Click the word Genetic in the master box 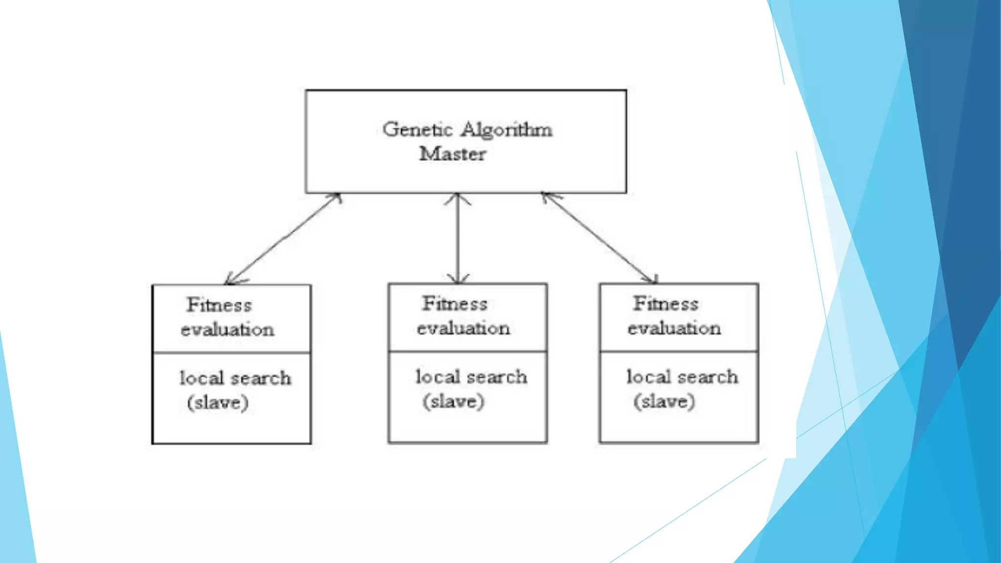pyautogui.click(x=417, y=130)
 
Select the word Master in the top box pyautogui.click(x=453, y=154)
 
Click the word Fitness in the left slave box pyautogui.click(x=219, y=305)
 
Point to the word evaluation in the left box pyautogui.click(x=227, y=330)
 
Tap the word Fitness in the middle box pyautogui.click(x=455, y=304)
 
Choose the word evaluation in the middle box pyautogui.click(x=463, y=328)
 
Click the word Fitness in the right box pyautogui.click(x=666, y=304)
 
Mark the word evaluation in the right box pyautogui.click(x=674, y=328)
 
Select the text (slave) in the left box pyautogui.click(x=218, y=403)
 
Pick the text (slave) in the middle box pyautogui.click(x=454, y=402)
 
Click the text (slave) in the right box pyautogui.click(x=664, y=402)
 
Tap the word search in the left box pyautogui.click(x=261, y=379)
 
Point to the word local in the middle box pyautogui.click(x=438, y=377)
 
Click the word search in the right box pyautogui.click(x=708, y=377)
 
